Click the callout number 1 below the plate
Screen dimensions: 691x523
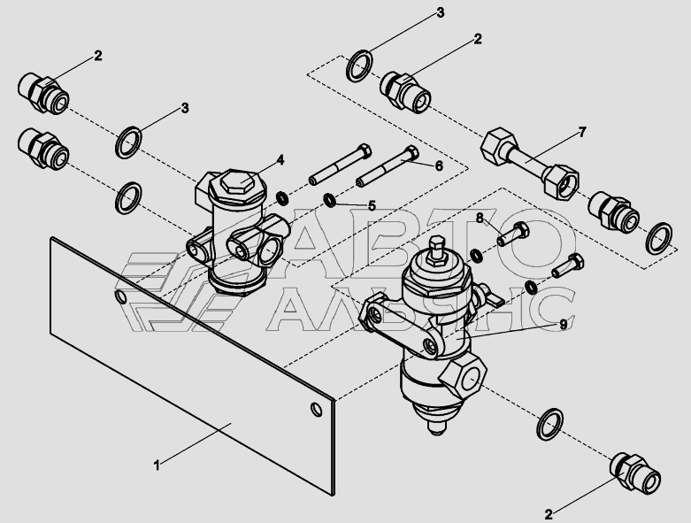click(157, 465)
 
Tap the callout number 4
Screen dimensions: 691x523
click(280, 160)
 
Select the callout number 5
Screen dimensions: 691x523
click(372, 206)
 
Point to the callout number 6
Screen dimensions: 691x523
click(439, 165)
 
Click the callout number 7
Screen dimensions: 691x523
click(582, 132)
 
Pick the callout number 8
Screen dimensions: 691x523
click(480, 218)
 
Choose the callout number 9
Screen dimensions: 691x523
click(564, 325)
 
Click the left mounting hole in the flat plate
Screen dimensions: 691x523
click(120, 296)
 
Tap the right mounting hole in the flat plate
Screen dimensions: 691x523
click(317, 410)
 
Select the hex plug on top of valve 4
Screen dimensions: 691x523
click(238, 181)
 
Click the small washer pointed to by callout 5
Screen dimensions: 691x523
click(329, 200)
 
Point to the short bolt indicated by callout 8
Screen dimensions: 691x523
click(513, 234)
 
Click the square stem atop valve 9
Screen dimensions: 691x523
click(436, 249)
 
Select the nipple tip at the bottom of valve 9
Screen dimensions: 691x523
click(436, 427)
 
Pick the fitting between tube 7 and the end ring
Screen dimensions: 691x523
click(614, 211)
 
